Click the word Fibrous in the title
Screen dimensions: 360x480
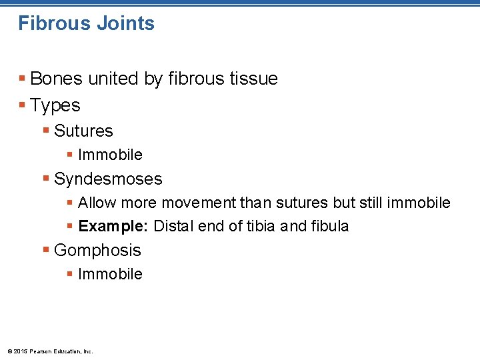(53, 23)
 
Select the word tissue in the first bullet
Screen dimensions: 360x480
(253, 79)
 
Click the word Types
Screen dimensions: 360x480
(55, 106)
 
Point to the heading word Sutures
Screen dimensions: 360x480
(83, 131)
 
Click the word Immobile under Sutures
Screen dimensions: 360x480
(110, 155)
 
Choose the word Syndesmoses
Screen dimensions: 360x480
(108, 179)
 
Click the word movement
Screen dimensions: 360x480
(203, 203)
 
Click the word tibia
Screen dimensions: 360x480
(262, 226)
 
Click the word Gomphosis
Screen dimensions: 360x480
(97, 251)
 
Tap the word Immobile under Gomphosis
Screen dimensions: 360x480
(110, 274)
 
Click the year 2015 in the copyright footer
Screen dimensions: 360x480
(20, 351)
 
